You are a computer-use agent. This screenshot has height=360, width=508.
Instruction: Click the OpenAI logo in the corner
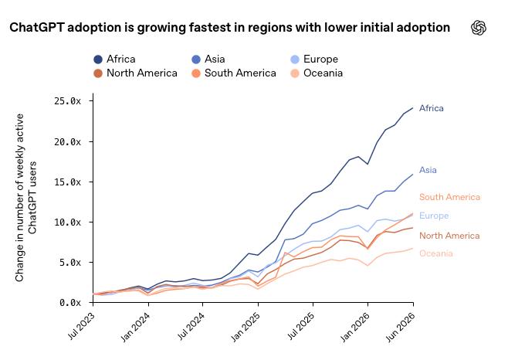[x=479, y=28]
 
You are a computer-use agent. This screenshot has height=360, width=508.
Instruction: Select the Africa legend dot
[x=98, y=59]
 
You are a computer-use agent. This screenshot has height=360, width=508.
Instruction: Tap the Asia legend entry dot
[x=196, y=59]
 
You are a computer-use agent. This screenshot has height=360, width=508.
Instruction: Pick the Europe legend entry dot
[x=295, y=59]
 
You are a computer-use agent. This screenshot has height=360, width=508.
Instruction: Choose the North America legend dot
[x=98, y=73]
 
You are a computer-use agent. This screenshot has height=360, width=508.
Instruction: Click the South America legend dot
[x=196, y=73]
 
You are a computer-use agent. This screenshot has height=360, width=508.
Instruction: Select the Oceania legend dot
[x=295, y=73]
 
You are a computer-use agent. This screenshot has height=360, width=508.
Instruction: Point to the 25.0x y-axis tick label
[x=67, y=101]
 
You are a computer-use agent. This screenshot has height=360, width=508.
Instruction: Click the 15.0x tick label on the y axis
[x=67, y=182]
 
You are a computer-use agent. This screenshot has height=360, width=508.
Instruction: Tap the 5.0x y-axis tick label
[x=70, y=262]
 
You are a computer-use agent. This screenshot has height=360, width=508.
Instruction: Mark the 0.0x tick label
[x=70, y=303]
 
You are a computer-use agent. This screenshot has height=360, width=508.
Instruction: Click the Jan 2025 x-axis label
[x=246, y=327]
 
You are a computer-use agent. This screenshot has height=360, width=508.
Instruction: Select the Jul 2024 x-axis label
[x=191, y=326]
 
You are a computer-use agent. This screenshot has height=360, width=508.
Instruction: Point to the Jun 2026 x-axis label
[x=401, y=327]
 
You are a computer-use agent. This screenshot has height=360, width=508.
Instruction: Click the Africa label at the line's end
[x=432, y=108]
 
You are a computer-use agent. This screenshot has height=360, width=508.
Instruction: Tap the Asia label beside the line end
[x=428, y=170]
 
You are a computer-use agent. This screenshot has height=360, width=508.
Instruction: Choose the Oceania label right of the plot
[x=435, y=253]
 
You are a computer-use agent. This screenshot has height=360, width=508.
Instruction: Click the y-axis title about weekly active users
[x=25, y=198]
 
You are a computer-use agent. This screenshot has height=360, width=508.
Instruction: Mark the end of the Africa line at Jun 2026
[x=413, y=107]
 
